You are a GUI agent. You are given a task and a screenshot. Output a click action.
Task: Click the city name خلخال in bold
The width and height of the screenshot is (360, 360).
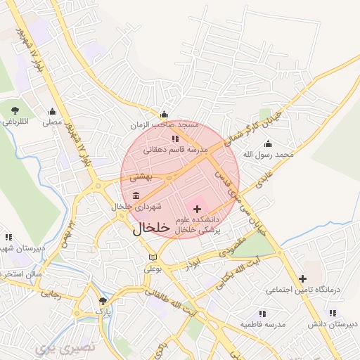151,229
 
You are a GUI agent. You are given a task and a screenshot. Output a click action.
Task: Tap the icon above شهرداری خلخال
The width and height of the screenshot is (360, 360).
135,195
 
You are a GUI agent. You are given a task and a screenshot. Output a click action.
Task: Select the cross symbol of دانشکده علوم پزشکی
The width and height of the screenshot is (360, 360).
197,209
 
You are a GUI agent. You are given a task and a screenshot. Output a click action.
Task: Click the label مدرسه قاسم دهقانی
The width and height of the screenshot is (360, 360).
176,150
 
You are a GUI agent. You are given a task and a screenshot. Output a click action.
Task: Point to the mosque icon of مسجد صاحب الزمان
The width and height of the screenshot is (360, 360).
165,115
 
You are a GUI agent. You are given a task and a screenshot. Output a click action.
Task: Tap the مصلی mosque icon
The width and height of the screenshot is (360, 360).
52,111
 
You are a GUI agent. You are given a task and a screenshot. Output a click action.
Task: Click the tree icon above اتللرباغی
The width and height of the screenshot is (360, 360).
15,110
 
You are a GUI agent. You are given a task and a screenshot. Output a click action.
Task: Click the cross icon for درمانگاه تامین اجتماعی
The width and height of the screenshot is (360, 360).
302,278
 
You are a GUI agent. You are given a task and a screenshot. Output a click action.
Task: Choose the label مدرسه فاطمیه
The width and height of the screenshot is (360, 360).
262,324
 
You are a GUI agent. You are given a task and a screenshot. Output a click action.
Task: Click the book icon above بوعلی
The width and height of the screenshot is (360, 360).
153,258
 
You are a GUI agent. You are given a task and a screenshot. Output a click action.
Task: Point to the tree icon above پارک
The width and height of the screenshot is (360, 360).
103,300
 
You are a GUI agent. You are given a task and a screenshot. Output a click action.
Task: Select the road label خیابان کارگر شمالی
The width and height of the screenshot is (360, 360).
256,127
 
